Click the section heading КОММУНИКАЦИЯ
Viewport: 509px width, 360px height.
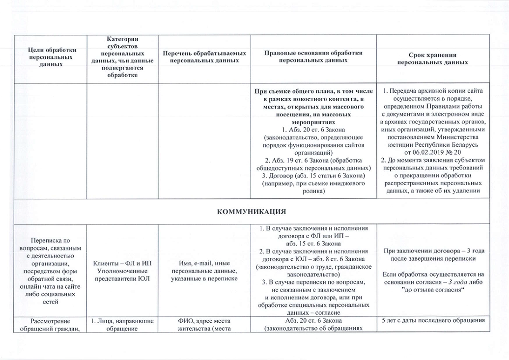(x=252, y=212)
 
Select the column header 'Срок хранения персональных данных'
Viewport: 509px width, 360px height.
(x=433, y=59)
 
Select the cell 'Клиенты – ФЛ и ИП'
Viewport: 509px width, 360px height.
(x=122, y=264)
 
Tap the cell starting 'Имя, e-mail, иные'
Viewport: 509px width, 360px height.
(x=204, y=272)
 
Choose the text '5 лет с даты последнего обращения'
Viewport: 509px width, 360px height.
(x=433, y=321)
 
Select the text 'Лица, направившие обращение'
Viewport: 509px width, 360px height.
(x=122, y=325)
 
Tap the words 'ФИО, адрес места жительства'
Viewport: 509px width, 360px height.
(x=204, y=325)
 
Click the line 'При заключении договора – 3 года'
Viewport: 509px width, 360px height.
(x=433, y=251)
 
